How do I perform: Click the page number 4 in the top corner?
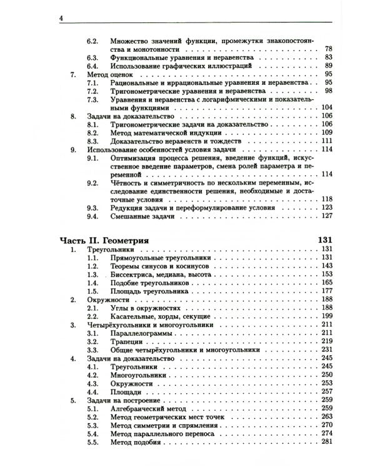click(x=61, y=18)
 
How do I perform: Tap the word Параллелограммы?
click(x=141, y=334)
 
